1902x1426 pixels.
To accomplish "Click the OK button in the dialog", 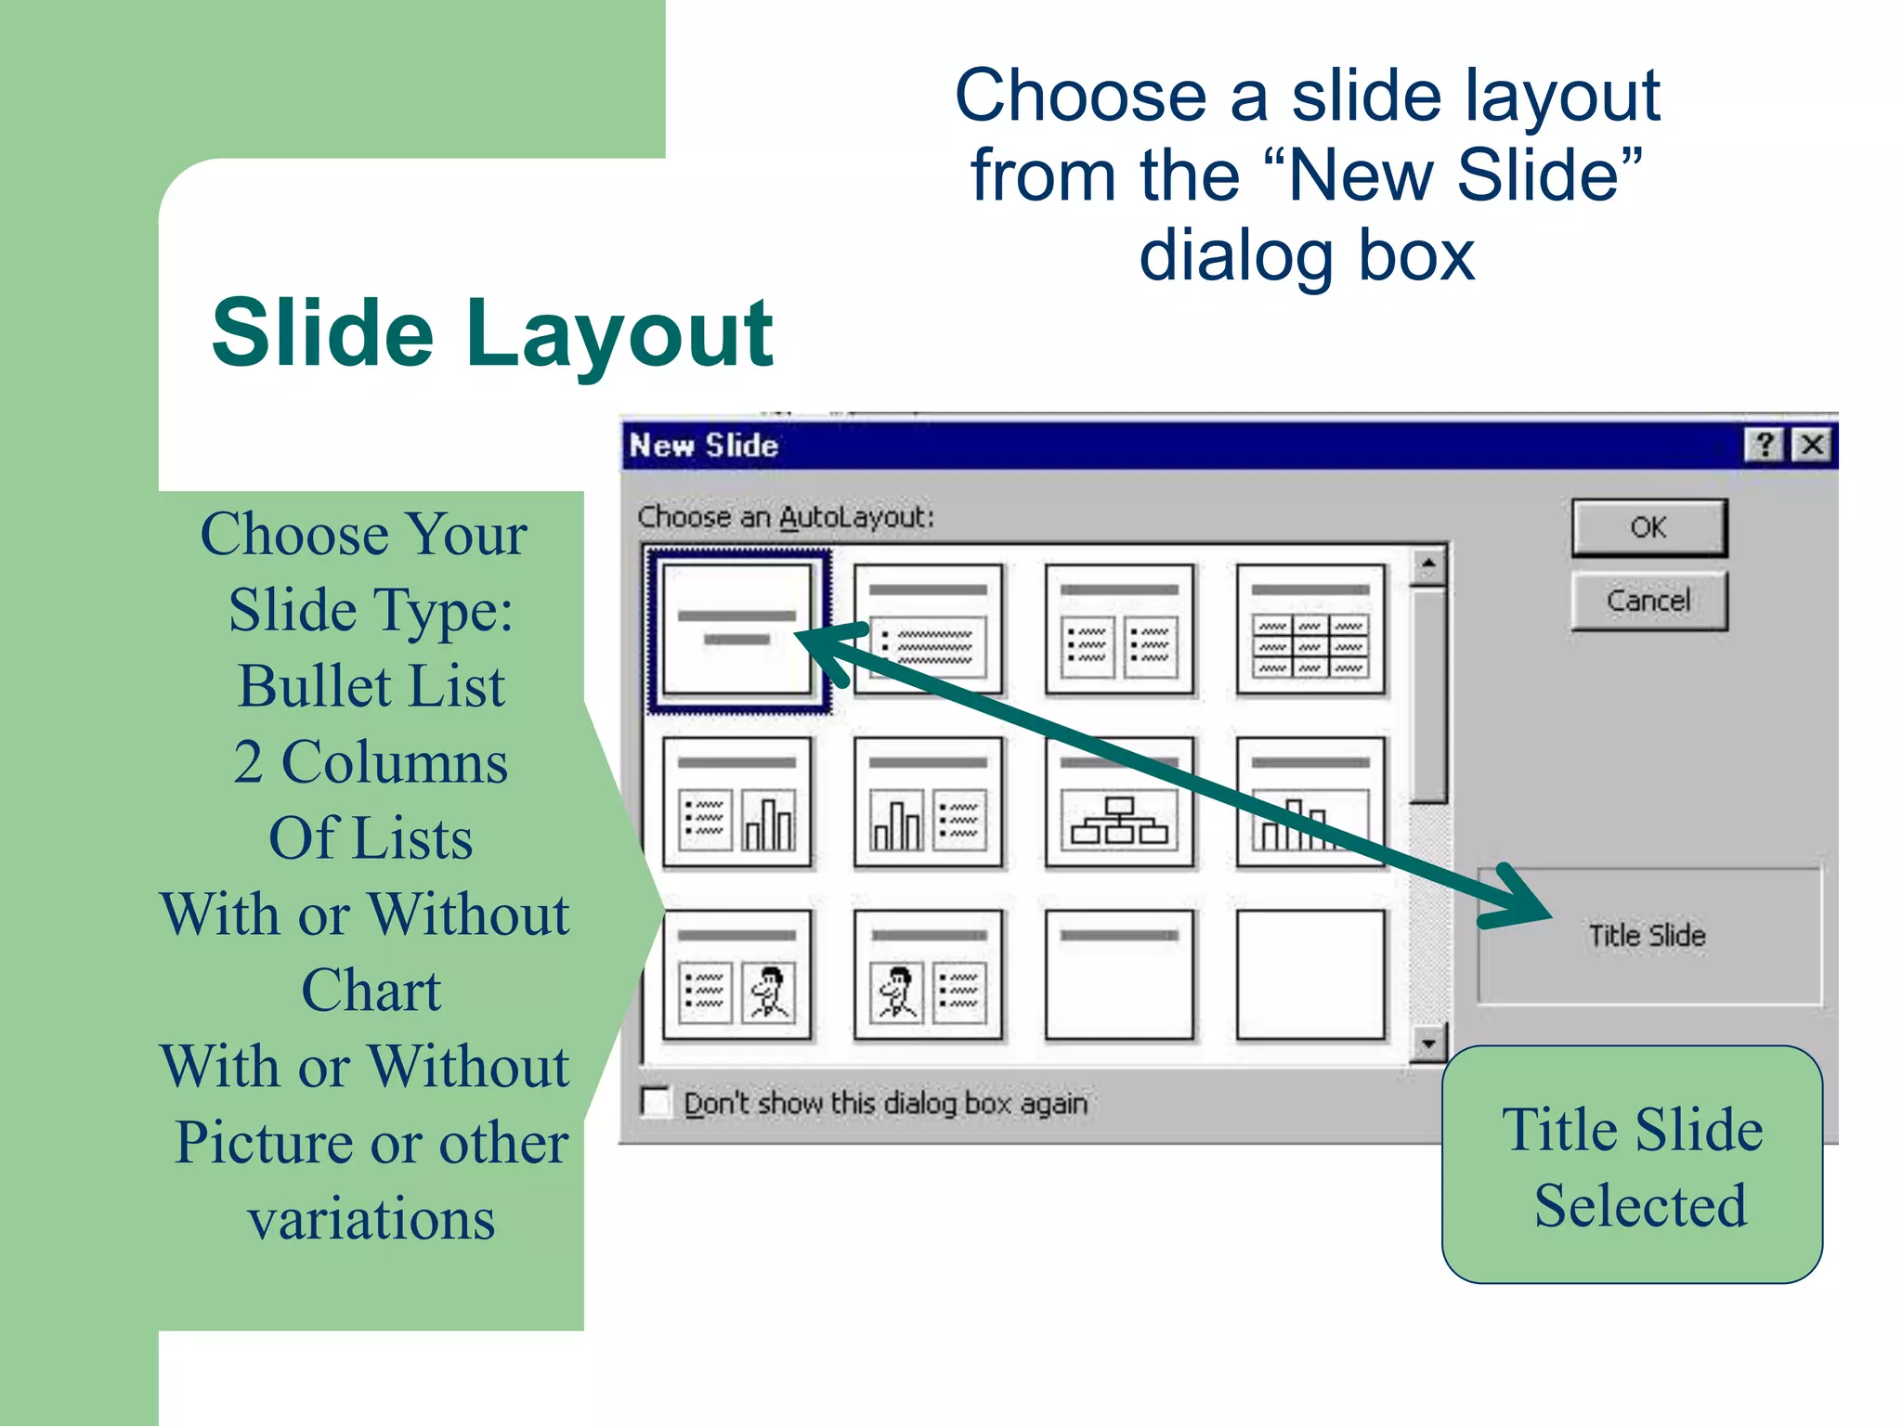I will click(1648, 527).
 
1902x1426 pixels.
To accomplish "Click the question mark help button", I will click(1764, 445).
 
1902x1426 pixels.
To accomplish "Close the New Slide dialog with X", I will click(1812, 445).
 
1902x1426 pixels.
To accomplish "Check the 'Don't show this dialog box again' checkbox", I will click(657, 1102).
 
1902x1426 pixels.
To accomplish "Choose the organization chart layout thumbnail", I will click(1119, 802).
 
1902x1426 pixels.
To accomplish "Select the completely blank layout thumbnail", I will click(1310, 975).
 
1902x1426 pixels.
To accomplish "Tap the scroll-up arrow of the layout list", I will click(1428, 564).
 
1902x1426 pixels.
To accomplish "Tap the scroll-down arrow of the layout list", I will click(1428, 1044).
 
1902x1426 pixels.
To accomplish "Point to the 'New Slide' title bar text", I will click(704, 446).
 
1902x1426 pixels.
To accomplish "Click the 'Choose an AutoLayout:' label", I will click(786, 517).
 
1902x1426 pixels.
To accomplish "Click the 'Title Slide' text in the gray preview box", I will click(1647, 935).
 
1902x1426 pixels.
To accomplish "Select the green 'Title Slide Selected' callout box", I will click(1632, 1165).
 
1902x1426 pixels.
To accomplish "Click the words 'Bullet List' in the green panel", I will click(371, 686).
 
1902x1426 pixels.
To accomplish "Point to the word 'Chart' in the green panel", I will click(371, 990).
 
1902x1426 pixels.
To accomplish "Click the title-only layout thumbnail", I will click(1119, 975).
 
